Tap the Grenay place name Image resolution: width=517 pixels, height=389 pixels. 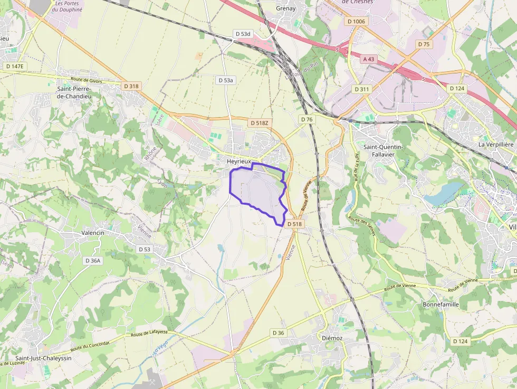[285, 8]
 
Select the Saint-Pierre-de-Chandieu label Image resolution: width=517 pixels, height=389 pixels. [74, 92]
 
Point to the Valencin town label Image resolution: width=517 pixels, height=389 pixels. [93, 232]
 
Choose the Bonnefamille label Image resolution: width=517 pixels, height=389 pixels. [441, 305]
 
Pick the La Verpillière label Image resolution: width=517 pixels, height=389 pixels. [496, 144]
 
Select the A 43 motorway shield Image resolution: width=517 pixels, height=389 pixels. [368, 59]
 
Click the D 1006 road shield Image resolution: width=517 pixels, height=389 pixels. [357, 21]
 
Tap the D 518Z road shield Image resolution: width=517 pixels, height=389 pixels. [259, 123]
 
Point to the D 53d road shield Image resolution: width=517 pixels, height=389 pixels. [243, 34]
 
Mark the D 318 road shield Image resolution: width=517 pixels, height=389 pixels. [131, 86]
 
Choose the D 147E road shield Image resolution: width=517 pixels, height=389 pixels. [14, 66]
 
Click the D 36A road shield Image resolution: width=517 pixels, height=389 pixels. [93, 260]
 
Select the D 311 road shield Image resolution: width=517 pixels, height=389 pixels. [362, 89]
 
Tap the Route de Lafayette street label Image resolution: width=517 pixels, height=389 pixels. [149, 334]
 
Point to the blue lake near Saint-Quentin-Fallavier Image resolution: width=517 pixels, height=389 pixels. [443, 194]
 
